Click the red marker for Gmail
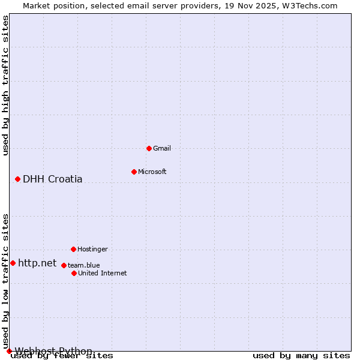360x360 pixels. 149,148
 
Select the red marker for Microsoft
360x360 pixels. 134,172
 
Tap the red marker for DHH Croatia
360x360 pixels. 18,179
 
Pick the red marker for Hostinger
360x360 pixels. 73,249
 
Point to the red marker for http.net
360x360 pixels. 13,263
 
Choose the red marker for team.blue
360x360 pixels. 64,265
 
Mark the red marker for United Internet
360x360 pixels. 74,273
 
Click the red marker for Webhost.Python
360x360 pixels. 9,351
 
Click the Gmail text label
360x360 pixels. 162,148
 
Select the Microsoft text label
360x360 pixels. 152,172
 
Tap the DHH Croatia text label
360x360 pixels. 53,179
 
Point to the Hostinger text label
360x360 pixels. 93,249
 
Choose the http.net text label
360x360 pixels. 37,263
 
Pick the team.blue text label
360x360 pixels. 84,265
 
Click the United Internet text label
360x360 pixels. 103,273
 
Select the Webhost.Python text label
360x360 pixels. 53,351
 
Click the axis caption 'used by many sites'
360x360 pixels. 301,356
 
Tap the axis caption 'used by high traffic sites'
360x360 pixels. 5,85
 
